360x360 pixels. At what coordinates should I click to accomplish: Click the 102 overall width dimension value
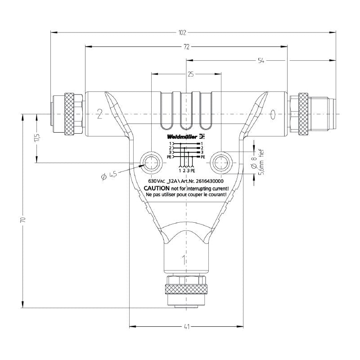182,32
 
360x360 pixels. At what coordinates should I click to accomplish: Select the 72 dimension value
186,46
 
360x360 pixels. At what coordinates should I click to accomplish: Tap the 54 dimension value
261,60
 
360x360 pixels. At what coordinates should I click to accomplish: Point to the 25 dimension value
190,75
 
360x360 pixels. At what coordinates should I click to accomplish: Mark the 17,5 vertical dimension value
36,138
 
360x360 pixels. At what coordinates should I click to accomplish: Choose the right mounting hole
221,162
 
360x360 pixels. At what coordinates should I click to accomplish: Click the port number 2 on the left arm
99,114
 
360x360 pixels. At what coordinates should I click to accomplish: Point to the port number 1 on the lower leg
183,259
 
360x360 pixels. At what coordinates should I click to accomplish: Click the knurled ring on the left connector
69,114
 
